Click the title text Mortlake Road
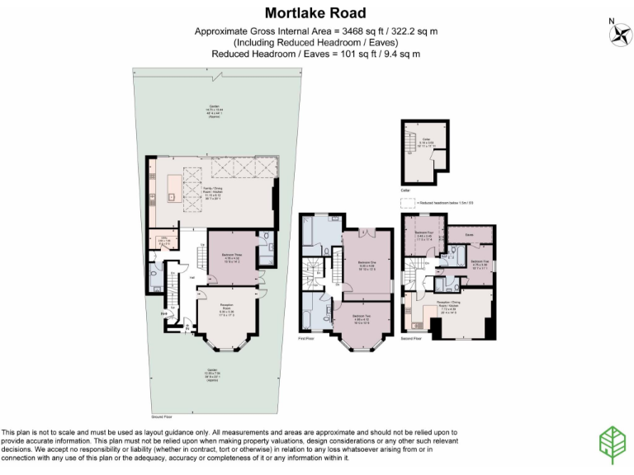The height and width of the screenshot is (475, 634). (x=316, y=13)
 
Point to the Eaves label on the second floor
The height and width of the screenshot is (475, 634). (x=467, y=234)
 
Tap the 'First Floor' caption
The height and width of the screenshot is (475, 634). (x=307, y=338)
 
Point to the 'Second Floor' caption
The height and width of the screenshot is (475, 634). (x=412, y=338)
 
